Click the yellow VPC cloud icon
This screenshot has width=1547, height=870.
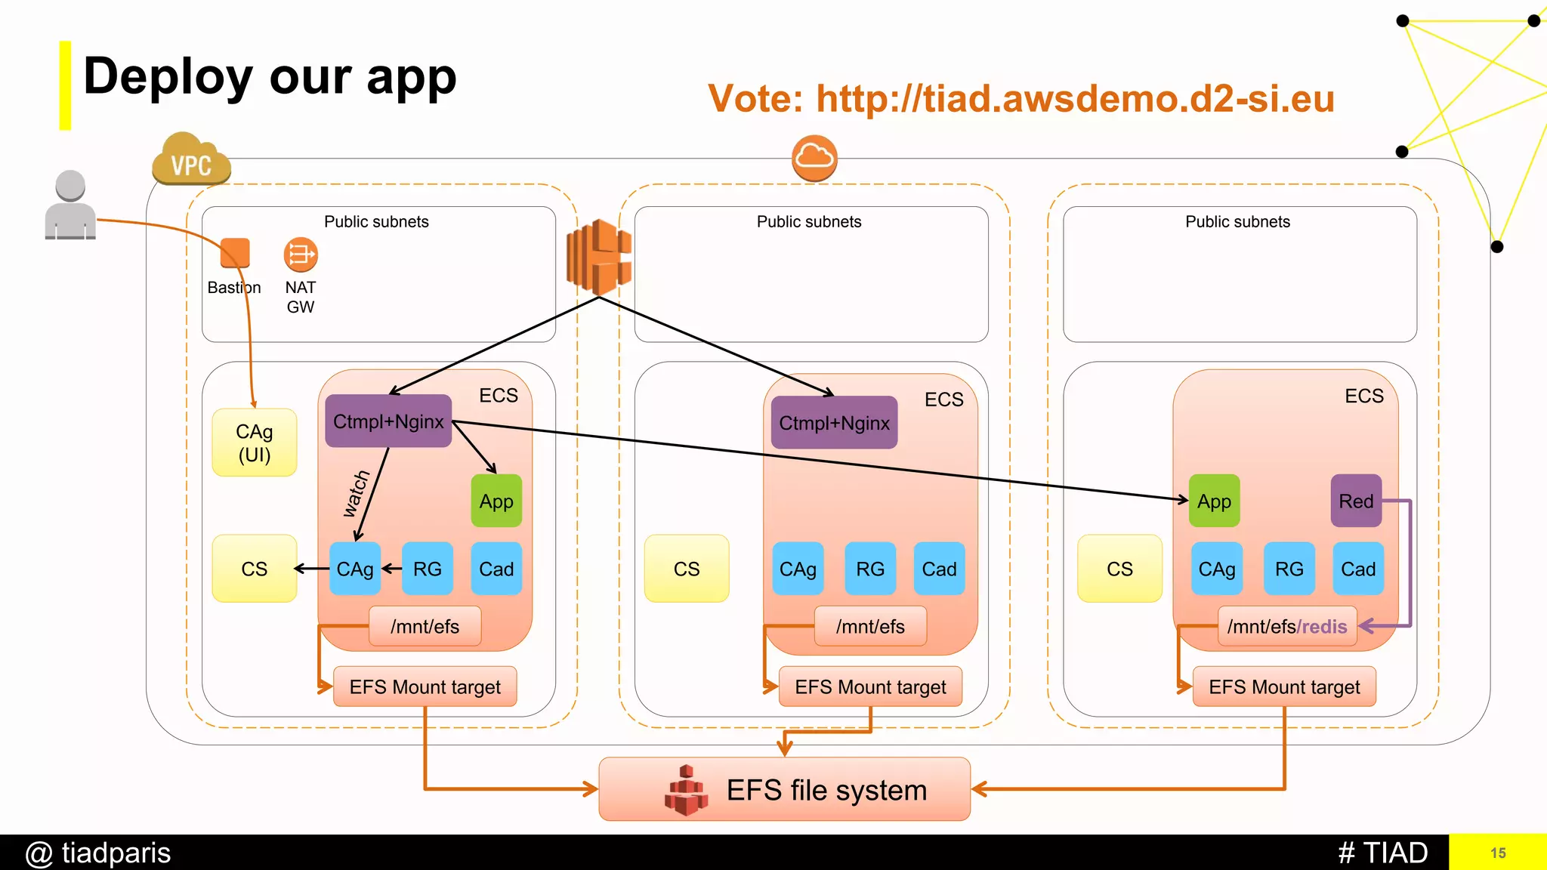point(190,161)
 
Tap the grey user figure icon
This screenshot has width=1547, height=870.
point(70,205)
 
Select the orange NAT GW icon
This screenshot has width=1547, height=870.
point(301,255)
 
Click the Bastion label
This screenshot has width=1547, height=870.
point(234,288)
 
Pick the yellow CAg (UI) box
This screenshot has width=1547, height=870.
point(255,443)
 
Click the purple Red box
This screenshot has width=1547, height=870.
point(1356,501)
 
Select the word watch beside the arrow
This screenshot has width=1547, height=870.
point(356,494)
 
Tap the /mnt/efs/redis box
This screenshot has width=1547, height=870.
point(1287,626)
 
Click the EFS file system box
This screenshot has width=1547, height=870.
point(784,789)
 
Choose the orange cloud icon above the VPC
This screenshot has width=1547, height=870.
point(814,158)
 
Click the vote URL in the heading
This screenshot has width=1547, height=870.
point(1075,99)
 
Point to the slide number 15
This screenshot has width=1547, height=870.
point(1498,853)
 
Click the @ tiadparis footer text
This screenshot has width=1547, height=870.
point(98,853)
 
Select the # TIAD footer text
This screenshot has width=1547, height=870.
point(1382,853)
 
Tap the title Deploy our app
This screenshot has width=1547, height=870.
point(270,77)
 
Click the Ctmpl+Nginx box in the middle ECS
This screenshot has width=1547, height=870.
point(834,423)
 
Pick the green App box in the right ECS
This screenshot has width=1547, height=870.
point(1214,501)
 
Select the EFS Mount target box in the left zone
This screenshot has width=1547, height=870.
point(425,686)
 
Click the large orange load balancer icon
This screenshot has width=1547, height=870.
point(599,258)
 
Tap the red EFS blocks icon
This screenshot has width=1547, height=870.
point(686,791)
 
